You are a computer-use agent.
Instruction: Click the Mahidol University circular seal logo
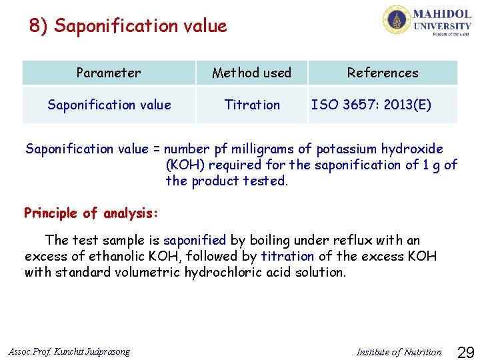(397, 20)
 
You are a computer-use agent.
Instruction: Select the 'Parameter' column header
(109, 73)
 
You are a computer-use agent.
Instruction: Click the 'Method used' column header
(251, 73)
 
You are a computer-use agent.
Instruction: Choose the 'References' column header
(383, 73)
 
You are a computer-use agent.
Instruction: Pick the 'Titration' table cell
(252, 105)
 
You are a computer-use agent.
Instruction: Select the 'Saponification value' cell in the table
(109, 105)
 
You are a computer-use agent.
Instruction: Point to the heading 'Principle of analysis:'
(91, 213)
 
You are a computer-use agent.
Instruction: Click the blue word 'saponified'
(195, 240)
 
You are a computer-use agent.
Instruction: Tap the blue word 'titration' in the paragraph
(288, 256)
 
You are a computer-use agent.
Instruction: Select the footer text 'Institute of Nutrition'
(399, 352)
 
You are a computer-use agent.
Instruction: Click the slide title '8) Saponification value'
(128, 26)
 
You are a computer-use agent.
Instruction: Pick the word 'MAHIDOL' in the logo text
(442, 13)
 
